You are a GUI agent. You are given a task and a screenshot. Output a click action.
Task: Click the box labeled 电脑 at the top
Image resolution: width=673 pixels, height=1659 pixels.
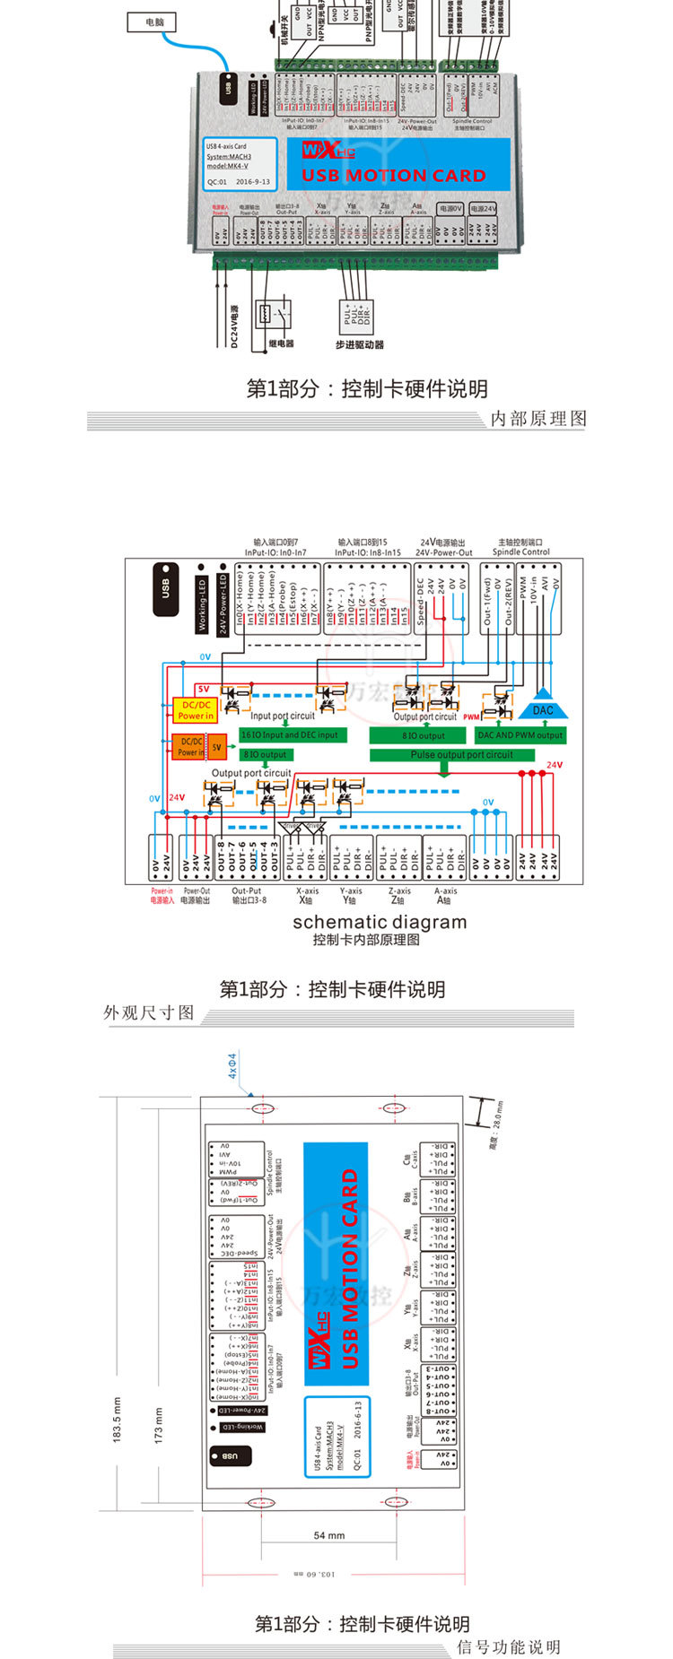[x=151, y=22]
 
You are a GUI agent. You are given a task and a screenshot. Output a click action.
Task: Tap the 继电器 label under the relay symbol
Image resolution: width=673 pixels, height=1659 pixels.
[x=281, y=343]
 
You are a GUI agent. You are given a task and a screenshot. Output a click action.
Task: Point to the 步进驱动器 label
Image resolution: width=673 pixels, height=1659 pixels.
[x=360, y=344]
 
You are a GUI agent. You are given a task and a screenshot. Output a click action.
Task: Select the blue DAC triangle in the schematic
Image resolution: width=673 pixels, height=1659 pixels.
[x=543, y=708]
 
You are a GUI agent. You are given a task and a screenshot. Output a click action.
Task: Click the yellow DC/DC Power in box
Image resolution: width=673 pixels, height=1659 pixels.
[x=195, y=710]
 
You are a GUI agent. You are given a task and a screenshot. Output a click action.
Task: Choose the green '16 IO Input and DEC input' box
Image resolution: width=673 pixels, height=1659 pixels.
[x=290, y=734]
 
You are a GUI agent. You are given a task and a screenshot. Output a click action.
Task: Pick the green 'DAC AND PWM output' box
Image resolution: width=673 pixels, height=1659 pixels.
[x=520, y=735]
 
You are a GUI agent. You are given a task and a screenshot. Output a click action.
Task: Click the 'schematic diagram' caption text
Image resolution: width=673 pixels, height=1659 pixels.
[x=380, y=922]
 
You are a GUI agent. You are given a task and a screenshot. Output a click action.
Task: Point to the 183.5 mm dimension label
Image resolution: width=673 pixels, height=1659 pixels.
[x=117, y=1419]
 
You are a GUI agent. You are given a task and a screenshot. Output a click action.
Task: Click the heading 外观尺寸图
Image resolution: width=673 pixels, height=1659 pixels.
[x=149, y=1012]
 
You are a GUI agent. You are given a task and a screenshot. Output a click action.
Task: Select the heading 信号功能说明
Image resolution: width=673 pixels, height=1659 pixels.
[x=509, y=1647]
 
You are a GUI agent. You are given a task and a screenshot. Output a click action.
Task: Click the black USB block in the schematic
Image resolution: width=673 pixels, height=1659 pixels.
[x=165, y=589]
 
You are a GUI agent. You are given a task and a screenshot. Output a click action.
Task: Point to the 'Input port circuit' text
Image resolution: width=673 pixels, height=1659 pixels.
[x=283, y=716]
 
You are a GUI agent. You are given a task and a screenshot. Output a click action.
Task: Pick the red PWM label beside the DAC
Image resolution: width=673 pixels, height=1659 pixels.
[x=471, y=717]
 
